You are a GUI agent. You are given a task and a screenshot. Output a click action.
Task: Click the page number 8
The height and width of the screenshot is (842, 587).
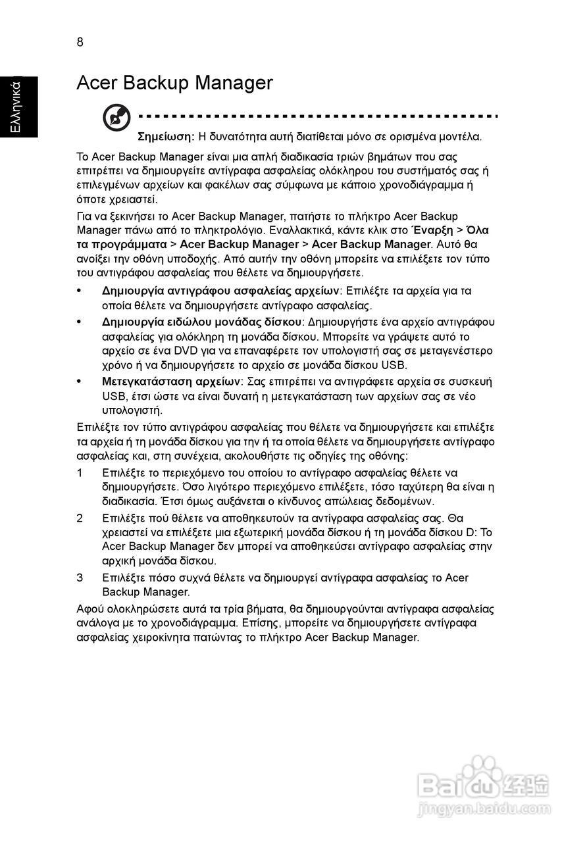pos(80,43)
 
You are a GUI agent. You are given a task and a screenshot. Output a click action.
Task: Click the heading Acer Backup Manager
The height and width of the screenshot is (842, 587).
pos(174,83)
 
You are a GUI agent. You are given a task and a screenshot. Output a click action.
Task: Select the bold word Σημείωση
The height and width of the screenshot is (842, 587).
pos(165,137)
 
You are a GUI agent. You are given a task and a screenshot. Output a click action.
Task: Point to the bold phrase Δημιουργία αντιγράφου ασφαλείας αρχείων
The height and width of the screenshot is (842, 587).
pos(220,291)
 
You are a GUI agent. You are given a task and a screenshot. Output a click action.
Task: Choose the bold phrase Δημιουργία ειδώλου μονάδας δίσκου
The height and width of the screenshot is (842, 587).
pos(201,321)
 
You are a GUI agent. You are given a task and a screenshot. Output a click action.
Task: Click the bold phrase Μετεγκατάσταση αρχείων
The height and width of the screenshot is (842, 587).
pos(172,382)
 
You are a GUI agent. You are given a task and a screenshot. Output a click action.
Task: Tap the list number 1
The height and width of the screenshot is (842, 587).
pos(80,472)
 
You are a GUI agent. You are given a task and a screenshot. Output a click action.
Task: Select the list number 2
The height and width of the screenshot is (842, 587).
pos(80,518)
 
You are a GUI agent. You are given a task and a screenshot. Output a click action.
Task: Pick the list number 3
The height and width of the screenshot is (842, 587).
pos(80,578)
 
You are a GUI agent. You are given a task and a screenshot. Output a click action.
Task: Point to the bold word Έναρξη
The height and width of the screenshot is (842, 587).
pos(431,230)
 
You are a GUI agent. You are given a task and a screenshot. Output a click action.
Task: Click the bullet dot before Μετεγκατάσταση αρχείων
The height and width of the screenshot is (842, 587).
pos(80,382)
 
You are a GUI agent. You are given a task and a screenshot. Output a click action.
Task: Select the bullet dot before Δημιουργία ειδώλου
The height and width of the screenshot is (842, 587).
pos(80,321)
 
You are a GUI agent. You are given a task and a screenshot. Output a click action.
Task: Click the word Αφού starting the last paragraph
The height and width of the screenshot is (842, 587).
pos(90,608)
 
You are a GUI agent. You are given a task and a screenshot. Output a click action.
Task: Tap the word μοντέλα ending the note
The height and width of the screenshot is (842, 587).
pos(463,137)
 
